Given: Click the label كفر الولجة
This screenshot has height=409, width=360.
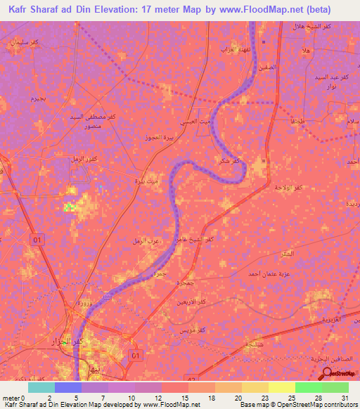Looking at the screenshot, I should [x=289, y=188].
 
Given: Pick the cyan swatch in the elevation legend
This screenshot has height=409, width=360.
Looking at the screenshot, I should [x=41, y=387].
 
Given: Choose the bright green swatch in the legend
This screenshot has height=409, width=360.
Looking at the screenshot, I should [x=309, y=387].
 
